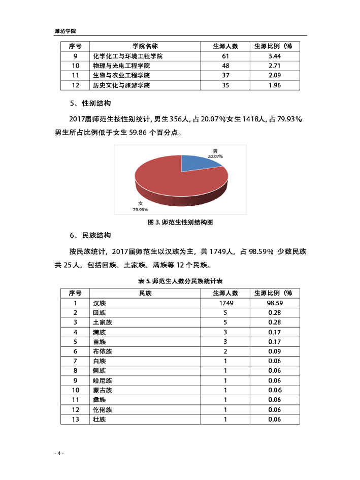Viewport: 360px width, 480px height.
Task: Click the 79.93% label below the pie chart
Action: (x=140, y=209)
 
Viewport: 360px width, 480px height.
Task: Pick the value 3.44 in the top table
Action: (x=275, y=56)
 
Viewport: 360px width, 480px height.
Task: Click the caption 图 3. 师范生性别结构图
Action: (x=180, y=222)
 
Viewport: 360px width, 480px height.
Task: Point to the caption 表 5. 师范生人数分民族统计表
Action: (x=180, y=281)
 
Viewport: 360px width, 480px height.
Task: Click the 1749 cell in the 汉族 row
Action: (x=225, y=303)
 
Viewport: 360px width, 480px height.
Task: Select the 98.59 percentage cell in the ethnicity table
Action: (x=275, y=303)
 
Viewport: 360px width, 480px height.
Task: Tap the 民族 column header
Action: (x=145, y=293)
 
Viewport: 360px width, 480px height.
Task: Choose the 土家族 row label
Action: (x=102, y=322)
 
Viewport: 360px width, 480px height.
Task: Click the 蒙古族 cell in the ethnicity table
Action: (x=102, y=390)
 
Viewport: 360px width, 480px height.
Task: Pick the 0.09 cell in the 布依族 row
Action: (x=275, y=351)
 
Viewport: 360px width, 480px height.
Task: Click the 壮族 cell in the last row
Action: (x=99, y=419)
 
